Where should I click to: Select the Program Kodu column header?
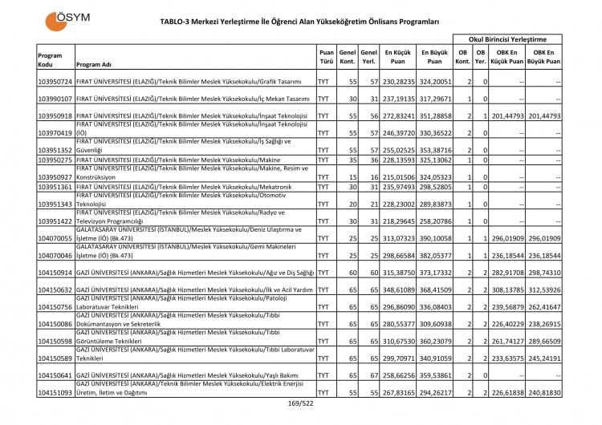coord(50,59)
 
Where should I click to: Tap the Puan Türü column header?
coord(326,59)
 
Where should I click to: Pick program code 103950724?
coord(55,82)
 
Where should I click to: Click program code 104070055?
coord(55,239)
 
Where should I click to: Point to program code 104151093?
coord(55,392)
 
